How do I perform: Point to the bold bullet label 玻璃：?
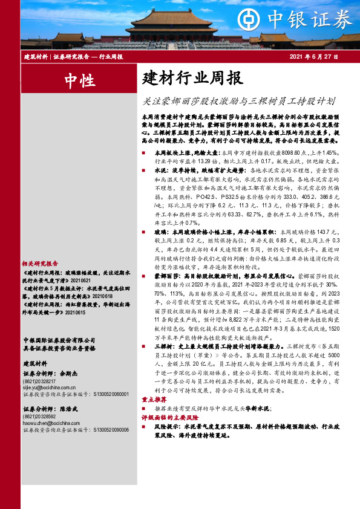point(162,231)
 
